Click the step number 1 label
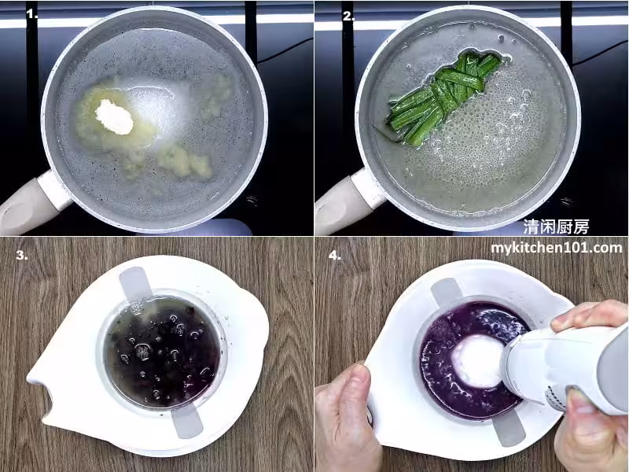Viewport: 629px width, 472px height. pos(31,14)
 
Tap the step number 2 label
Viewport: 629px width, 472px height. pos(348,15)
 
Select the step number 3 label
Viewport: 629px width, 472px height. pos(22,255)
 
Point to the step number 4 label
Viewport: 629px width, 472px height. pos(335,255)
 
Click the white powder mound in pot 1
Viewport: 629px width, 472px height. pos(114,116)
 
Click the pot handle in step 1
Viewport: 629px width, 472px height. pos(32,204)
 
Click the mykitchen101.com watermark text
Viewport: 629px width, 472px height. pos(557,248)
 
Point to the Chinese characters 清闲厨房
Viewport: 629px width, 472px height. pos(556,227)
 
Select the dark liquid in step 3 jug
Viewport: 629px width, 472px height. pos(163,352)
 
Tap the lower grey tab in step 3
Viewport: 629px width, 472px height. pos(187,421)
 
